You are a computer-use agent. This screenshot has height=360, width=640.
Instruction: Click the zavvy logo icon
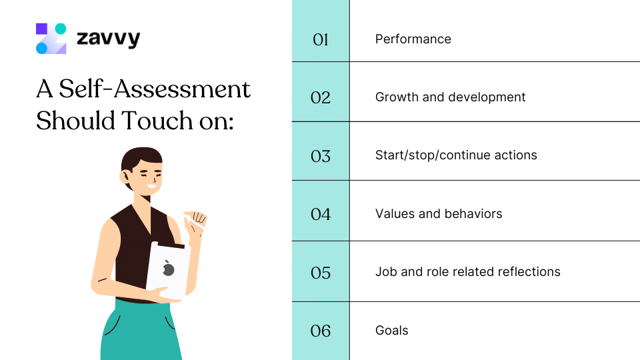[51, 39]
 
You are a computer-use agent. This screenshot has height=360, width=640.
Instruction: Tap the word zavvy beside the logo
[108, 39]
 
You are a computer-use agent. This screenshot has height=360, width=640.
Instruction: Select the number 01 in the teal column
[321, 40]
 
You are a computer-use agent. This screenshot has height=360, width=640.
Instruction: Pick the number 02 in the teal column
[321, 98]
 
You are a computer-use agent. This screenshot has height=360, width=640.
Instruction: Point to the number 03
[321, 157]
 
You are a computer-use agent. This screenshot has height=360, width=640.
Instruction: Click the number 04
[321, 215]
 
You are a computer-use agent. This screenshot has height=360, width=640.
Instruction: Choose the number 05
[321, 273]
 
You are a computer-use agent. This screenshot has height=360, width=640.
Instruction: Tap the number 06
[321, 331]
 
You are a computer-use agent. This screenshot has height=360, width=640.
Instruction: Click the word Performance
[413, 39]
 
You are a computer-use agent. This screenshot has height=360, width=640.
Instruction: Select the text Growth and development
[450, 97]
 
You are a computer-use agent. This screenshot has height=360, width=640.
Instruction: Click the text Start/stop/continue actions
[456, 155]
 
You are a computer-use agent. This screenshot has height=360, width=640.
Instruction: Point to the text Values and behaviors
[439, 214]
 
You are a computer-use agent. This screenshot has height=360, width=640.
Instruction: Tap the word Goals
[392, 331]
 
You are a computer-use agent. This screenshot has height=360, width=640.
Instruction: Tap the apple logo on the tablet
[169, 269]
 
